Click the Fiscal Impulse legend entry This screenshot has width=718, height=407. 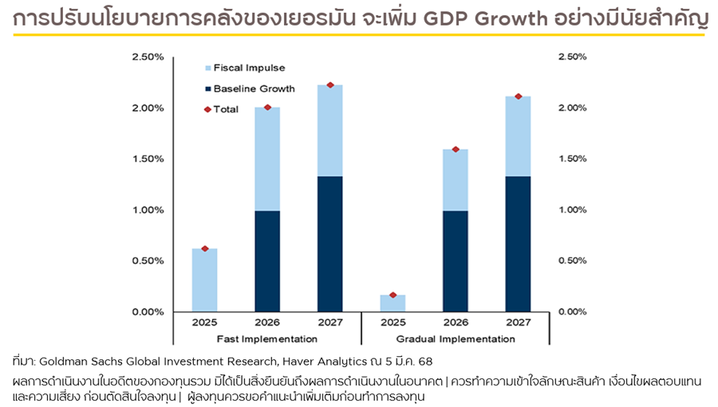click(248, 68)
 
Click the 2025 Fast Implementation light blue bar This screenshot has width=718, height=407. click(204, 280)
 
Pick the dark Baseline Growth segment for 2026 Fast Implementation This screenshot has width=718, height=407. click(267, 260)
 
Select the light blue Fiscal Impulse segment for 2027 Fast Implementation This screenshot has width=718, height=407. click(329, 131)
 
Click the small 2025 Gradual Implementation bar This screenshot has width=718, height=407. click(393, 303)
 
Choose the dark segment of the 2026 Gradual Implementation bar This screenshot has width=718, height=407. click(455, 260)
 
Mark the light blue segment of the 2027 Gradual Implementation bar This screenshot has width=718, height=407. click(518, 136)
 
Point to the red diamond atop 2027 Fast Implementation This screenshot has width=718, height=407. click(329, 85)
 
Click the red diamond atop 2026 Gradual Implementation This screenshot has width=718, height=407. click(455, 149)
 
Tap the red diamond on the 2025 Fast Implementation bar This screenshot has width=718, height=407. click(204, 249)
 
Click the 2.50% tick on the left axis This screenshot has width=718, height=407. click(148, 57)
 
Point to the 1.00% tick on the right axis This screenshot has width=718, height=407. click(573, 209)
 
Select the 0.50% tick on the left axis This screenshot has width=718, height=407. click(148, 260)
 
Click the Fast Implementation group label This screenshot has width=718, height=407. click(266, 339)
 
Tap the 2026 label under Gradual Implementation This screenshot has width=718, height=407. click(455, 323)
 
